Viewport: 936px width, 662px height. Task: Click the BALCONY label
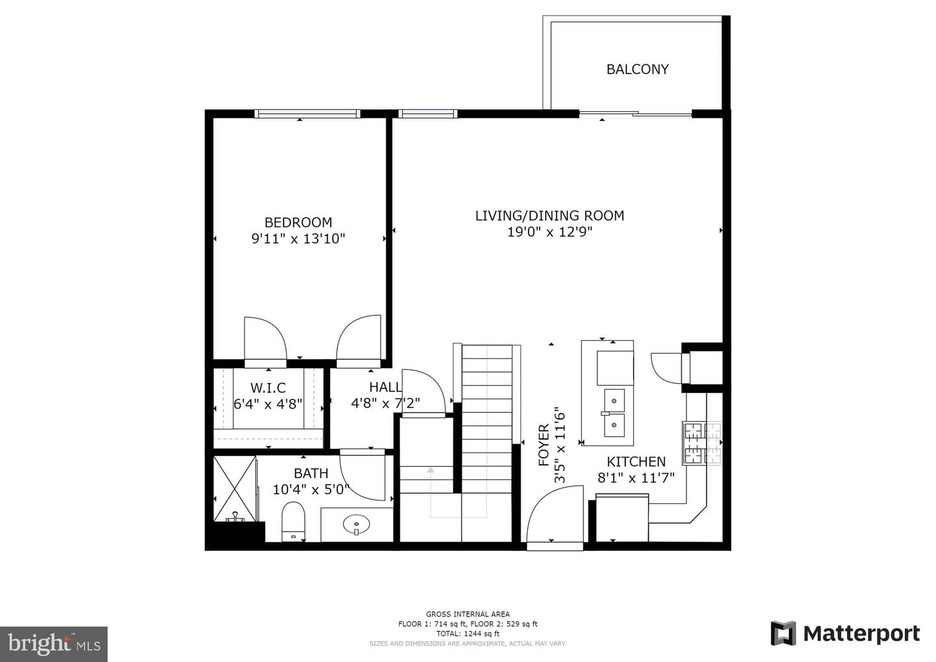coord(637,69)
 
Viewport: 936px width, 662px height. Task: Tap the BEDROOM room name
coord(298,222)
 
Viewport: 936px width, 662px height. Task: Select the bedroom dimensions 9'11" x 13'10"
coord(298,239)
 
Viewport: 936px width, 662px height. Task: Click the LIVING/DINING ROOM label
coord(549,215)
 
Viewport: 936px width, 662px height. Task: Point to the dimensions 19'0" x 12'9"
coord(549,232)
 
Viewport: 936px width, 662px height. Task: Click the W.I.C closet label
coord(268,388)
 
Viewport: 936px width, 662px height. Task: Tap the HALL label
coord(385,388)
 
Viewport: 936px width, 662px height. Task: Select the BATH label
coord(311,473)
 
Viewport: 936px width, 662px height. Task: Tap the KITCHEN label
coord(636,462)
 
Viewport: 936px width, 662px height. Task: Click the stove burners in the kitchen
coord(701,443)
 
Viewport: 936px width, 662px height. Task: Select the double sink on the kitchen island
coord(614,412)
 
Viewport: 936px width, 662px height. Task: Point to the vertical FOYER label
coord(544,445)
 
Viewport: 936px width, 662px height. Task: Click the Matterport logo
coord(845,633)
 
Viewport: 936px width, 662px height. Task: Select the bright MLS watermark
coord(53,644)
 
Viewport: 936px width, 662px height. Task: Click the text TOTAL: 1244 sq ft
coord(467,633)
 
